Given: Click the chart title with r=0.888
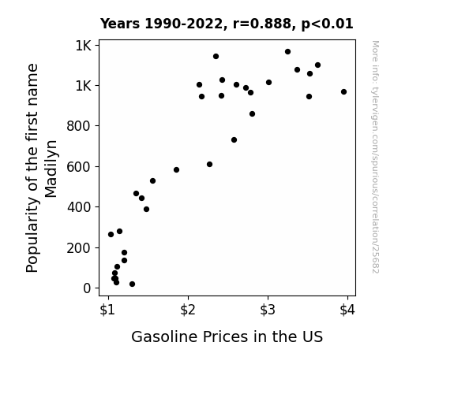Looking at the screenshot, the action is pos(227,24).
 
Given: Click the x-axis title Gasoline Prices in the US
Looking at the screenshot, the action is pos(227,336).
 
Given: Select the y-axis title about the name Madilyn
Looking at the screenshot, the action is pos(42,168).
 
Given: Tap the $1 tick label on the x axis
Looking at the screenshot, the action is pos(107,310).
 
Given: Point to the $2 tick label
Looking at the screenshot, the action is pos(188,310).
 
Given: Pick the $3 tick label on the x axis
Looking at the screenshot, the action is pos(268,310).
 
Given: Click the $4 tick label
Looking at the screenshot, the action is pos(347,310).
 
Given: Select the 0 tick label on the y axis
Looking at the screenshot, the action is pos(87,288).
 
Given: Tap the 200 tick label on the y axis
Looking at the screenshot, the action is pos(79,248).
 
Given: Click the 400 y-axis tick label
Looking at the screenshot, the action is pos(79,207).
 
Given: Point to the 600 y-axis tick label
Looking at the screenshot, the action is pos(79,167).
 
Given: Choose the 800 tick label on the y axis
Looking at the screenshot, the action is pos(79,126).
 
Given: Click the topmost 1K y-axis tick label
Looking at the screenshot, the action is pos(84,46).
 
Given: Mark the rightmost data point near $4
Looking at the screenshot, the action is pos(343,92).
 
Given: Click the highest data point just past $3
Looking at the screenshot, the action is pos(287,52).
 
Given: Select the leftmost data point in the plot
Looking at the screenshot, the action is pos(111,235).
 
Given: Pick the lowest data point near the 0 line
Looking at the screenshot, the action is pos(132,284).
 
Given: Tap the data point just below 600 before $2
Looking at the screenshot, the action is pos(176,169).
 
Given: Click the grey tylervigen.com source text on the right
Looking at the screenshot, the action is pos(375,157).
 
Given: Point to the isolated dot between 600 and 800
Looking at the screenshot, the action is pos(234,140).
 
